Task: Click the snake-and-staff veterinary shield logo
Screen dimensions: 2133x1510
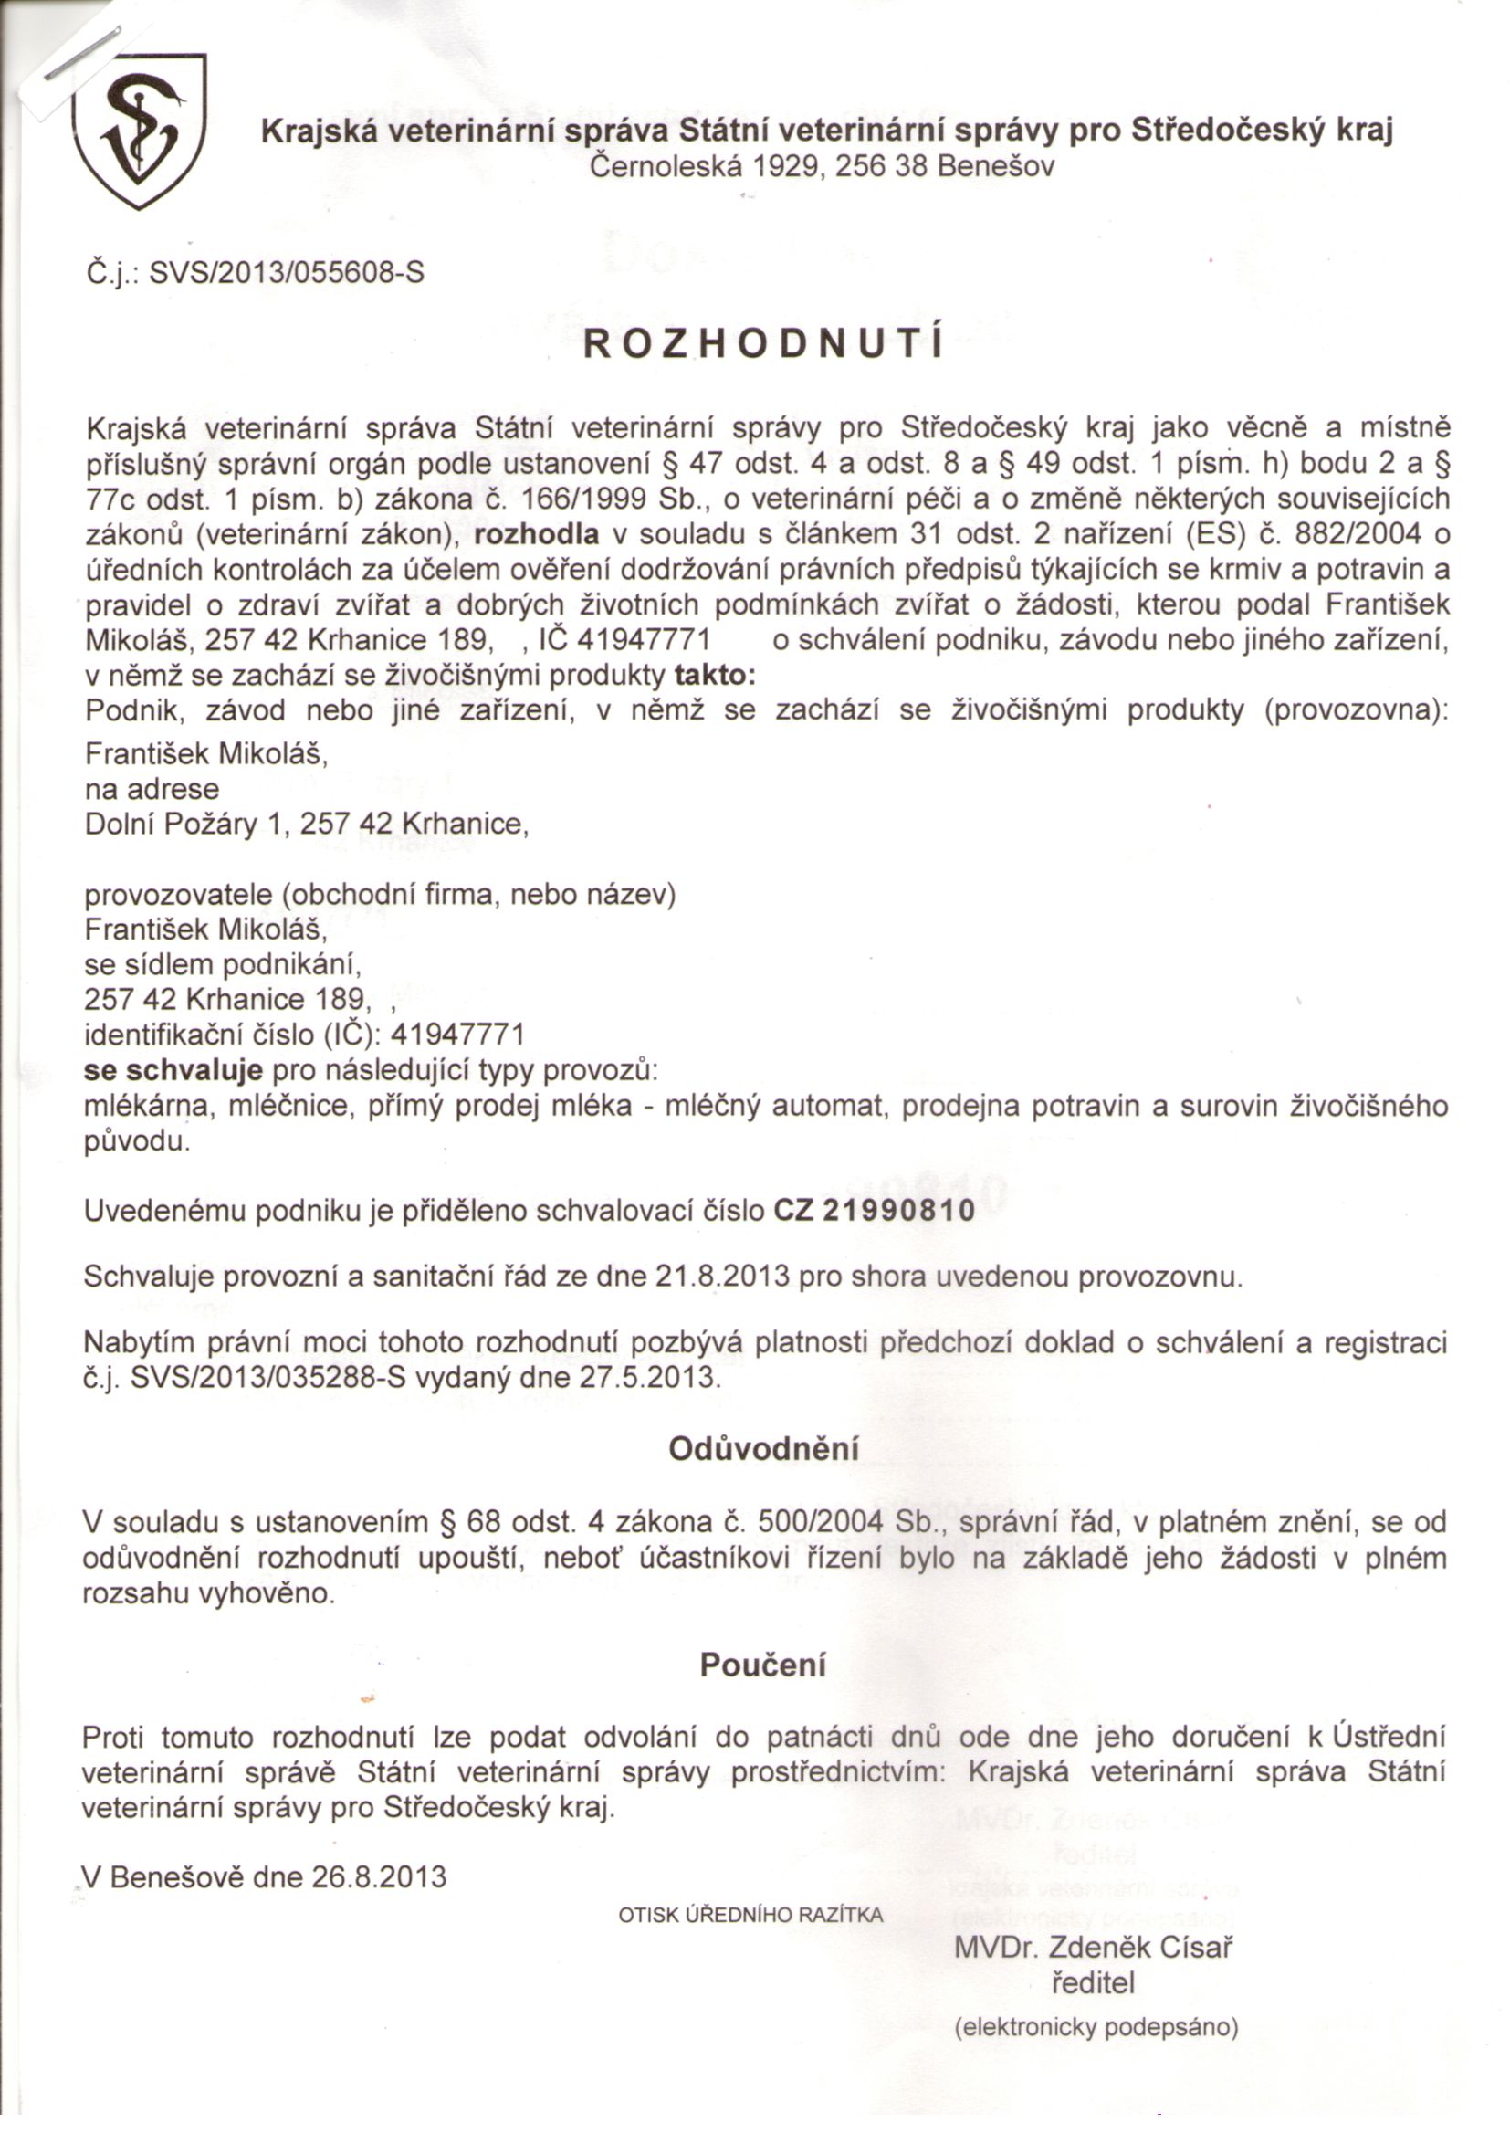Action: pos(140,132)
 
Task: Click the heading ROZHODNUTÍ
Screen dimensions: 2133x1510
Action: pos(762,344)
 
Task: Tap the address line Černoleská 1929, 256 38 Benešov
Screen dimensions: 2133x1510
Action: pos(823,168)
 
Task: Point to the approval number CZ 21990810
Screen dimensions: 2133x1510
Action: pos(875,1212)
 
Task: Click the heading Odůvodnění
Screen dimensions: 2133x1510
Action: pos(763,1449)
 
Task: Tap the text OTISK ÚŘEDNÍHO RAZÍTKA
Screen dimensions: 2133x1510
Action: pos(751,1916)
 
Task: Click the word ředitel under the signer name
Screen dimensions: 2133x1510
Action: pos(1094,1983)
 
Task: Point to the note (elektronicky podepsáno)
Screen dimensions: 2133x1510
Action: pos(1096,2027)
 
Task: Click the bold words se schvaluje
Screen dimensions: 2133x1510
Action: pos(173,1070)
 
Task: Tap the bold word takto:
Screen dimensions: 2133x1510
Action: pos(715,674)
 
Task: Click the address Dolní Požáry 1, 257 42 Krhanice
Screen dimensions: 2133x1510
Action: pos(307,825)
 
